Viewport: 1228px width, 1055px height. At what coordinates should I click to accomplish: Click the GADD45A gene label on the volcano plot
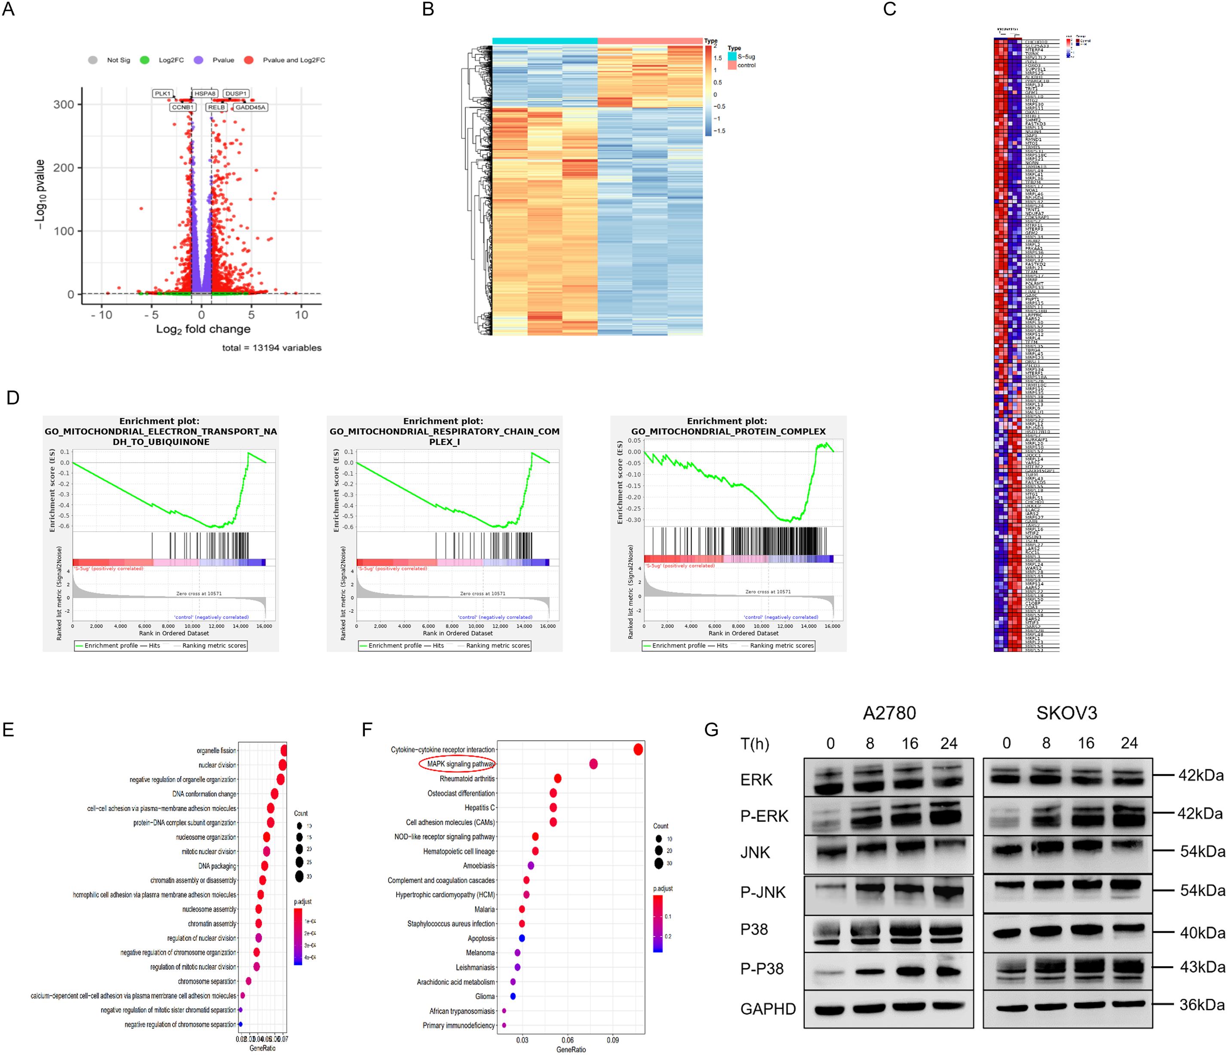click(x=250, y=107)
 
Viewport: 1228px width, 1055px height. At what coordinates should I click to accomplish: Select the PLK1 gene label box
click(x=162, y=94)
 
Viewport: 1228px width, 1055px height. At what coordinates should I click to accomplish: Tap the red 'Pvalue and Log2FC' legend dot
click(x=249, y=60)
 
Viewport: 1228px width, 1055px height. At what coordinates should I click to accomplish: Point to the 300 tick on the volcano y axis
click(x=64, y=105)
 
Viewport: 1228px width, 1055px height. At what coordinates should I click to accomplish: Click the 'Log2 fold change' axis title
click(x=203, y=329)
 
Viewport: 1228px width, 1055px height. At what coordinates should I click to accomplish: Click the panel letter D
click(x=12, y=398)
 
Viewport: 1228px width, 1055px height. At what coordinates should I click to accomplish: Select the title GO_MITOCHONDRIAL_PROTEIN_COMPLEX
click(x=728, y=431)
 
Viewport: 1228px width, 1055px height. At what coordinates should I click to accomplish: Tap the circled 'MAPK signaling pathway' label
click(x=460, y=764)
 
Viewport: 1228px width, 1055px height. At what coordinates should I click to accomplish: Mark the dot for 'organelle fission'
click(x=284, y=751)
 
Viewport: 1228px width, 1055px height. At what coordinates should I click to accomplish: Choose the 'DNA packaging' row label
click(x=217, y=866)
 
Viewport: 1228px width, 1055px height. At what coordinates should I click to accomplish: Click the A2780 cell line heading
click(x=889, y=713)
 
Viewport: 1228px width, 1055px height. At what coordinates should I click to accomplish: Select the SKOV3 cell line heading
click(x=1066, y=713)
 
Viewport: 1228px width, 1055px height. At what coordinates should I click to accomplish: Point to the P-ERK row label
click(x=764, y=816)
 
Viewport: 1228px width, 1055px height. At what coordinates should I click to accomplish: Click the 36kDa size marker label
click(x=1201, y=1005)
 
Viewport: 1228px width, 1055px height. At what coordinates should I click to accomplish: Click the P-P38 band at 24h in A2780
click(x=948, y=971)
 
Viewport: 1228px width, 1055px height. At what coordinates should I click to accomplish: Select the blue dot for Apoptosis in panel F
click(x=522, y=938)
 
